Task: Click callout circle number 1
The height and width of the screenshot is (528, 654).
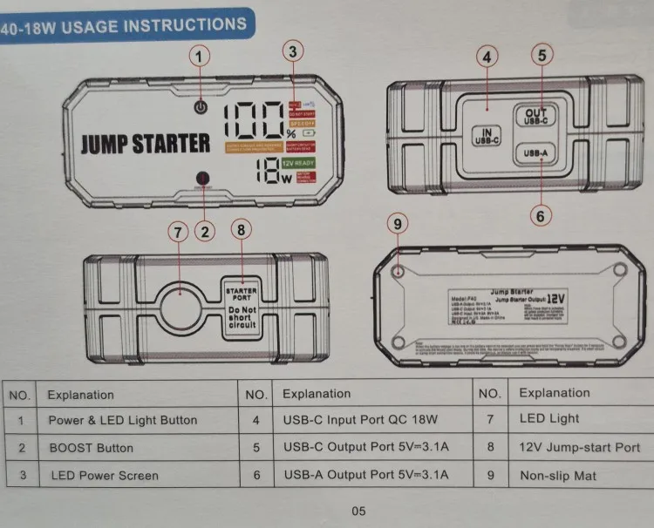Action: (201, 57)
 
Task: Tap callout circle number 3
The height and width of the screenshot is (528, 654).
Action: (294, 51)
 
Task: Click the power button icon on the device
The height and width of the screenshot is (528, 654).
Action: (201, 108)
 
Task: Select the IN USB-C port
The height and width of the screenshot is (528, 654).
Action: (481, 136)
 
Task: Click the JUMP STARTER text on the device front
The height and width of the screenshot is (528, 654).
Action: (146, 144)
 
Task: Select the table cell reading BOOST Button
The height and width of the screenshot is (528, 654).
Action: (91, 448)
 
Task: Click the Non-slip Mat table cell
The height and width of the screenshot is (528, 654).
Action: (558, 476)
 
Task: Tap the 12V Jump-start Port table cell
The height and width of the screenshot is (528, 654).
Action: (579, 448)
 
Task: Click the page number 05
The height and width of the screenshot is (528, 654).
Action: (358, 511)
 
